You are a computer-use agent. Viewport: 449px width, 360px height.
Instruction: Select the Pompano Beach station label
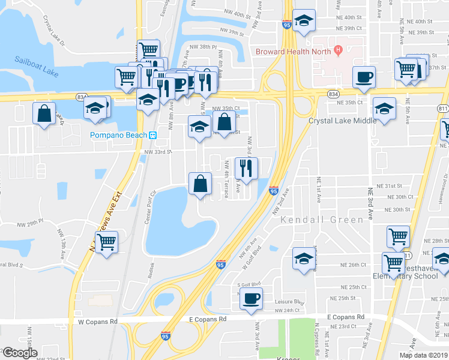coord(119,135)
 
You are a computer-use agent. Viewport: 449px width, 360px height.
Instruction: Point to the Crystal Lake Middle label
coord(343,121)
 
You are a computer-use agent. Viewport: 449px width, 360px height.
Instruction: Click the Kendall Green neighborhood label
coord(322,220)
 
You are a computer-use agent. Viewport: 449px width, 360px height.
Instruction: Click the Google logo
coord(20,353)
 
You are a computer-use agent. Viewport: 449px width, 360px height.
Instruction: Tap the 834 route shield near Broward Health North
coord(332,95)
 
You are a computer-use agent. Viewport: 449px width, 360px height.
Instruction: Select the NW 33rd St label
coord(158,152)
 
